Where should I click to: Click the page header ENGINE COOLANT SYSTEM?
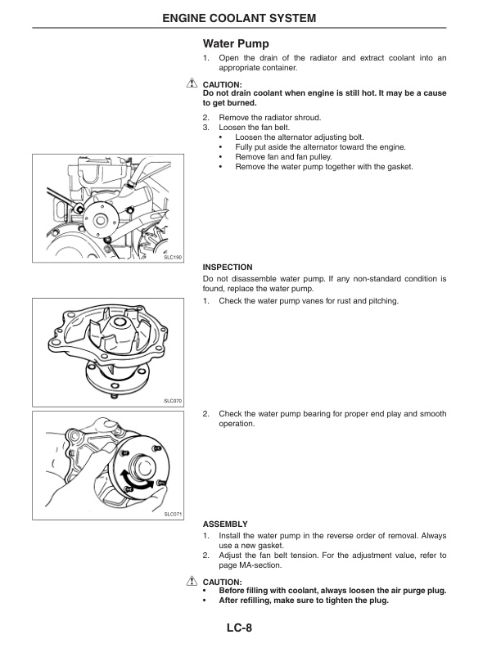250,17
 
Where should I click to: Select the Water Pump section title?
236,43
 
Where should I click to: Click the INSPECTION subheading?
227,267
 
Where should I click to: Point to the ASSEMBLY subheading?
224,523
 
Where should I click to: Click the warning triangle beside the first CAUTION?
192,83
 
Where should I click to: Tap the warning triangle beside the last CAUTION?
192,581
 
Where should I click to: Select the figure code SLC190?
172,257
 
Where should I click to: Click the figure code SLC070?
172,401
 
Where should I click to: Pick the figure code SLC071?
172,514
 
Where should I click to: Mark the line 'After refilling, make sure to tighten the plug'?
303,601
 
